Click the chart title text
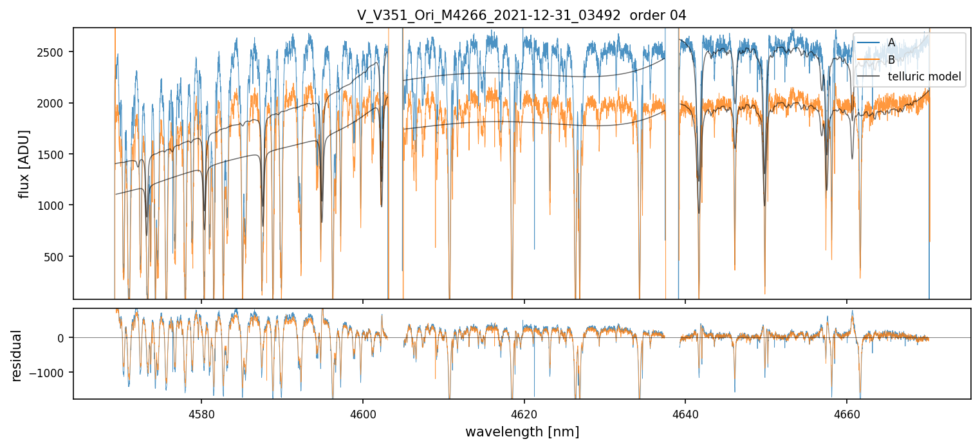pos(521,15)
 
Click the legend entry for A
pos(891,42)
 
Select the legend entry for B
pos(891,60)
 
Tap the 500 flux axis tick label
pos(58,257)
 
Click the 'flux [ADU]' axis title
pos(24,163)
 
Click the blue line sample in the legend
pos(869,42)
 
